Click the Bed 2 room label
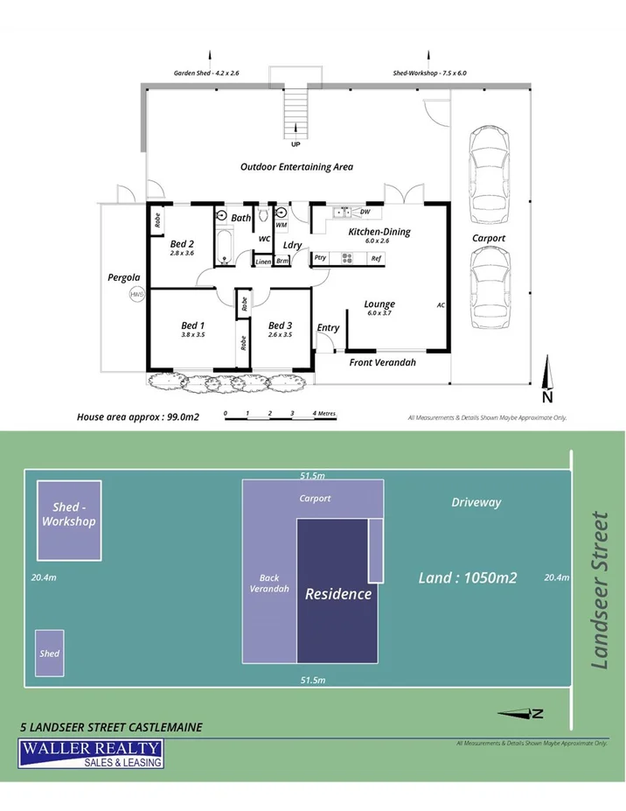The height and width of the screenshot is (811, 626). pyautogui.click(x=182, y=243)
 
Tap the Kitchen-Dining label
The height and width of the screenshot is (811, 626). pyautogui.click(x=379, y=232)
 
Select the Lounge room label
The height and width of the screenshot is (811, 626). pyautogui.click(x=379, y=304)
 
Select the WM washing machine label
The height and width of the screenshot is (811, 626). pyautogui.click(x=282, y=225)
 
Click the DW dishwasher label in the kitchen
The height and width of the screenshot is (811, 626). pyautogui.click(x=365, y=212)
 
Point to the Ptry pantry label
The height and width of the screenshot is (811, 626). pyautogui.click(x=320, y=258)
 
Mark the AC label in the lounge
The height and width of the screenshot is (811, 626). pyautogui.click(x=441, y=304)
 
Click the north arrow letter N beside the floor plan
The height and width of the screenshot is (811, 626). pyautogui.click(x=547, y=396)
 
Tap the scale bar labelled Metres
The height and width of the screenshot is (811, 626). pyautogui.click(x=281, y=414)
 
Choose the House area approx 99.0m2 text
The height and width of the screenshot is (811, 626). pyautogui.click(x=138, y=417)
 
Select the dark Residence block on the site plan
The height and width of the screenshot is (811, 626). pyautogui.click(x=338, y=593)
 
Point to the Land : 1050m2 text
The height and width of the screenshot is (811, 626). pyautogui.click(x=468, y=577)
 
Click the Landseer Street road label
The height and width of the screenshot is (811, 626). pyautogui.click(x=600, y=591)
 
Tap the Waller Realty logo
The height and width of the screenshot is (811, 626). pyautogui.click(x=91, y=753)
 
